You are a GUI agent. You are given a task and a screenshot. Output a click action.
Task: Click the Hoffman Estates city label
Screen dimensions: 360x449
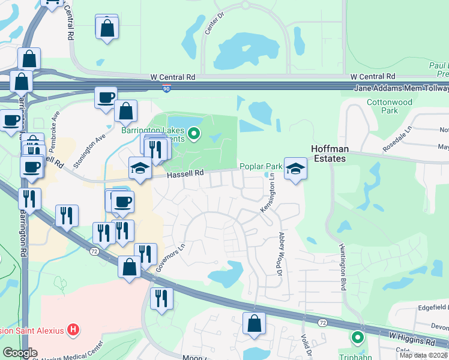pyautogui.click(x=328, y=153)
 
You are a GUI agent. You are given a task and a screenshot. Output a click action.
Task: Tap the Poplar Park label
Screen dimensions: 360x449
pyautogui.click(x=261, y=166)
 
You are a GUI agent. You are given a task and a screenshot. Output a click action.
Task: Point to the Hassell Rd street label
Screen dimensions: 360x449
pyautogui.click(x=186, y=173)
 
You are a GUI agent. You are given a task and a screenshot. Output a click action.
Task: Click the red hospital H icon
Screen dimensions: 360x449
pyautogui.click(x=73, y=329)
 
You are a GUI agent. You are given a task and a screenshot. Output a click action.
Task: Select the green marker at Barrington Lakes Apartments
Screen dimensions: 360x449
pyautogui.click(x=193, y=134)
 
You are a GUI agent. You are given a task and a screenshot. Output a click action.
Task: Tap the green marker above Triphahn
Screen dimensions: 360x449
pyautogui.click(x=358, y=338)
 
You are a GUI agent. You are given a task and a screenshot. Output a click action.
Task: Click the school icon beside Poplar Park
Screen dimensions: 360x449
pyautogui.click(x=295, y=169)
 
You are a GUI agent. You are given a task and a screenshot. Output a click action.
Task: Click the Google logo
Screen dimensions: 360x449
pyautogui.click(x=20, y=353)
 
